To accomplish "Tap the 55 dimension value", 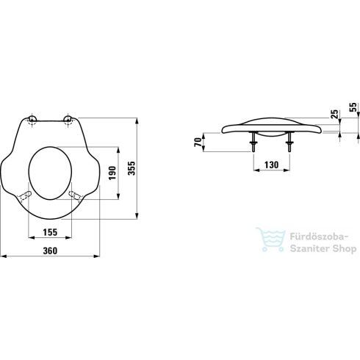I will click(x=353, y=107).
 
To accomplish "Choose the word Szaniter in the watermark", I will click(x=304, y=250).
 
